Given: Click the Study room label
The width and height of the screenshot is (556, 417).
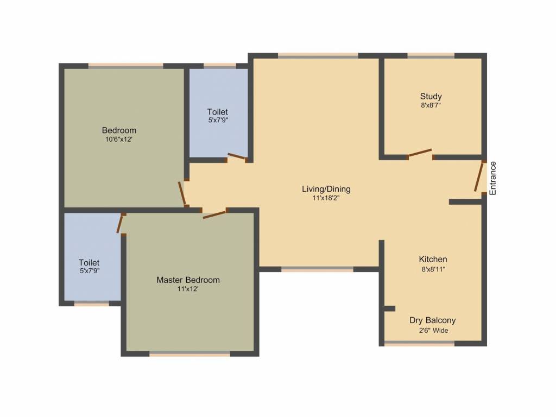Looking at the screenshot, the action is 431,97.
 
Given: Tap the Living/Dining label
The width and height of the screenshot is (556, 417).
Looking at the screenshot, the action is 326,189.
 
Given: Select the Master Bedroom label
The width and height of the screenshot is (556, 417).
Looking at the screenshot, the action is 188,280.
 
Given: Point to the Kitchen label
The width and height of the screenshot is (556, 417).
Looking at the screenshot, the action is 433,259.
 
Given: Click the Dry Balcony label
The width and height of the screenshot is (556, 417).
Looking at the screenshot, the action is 433,320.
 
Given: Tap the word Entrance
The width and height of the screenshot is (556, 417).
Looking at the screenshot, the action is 493,178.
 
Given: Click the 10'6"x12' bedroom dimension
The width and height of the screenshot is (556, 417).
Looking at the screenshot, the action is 119,140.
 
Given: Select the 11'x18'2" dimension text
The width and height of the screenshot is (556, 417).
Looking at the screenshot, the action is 326,198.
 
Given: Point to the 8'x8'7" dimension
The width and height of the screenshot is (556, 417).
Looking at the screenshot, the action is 431,105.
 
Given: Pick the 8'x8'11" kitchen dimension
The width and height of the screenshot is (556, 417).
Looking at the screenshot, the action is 433,269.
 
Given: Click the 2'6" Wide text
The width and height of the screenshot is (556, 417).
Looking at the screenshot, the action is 433,331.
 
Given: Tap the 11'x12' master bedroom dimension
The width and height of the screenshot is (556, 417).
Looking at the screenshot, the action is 188,289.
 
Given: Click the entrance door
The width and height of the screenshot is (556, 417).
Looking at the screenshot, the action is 479,176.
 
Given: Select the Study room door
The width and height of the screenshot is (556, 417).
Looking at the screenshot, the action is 420,153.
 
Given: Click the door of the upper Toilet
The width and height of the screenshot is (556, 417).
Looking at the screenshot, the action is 237,156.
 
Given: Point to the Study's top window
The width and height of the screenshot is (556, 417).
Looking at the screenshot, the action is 431,55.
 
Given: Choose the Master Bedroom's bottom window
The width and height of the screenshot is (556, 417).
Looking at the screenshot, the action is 189,353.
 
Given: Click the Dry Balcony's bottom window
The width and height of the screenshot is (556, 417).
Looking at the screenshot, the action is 420,343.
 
